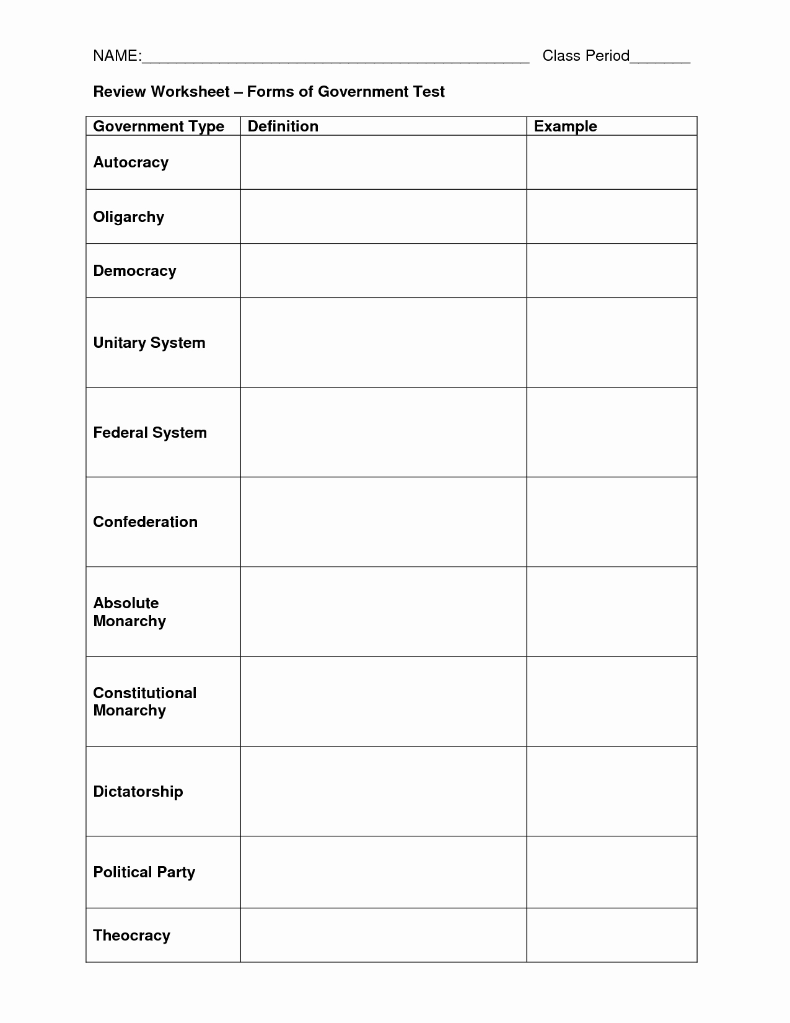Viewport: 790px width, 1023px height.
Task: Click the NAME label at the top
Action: (116, 56)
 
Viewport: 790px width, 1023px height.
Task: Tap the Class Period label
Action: (586, 56)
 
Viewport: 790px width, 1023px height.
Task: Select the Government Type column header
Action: (159, 126)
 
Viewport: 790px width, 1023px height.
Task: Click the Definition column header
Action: (283, 126)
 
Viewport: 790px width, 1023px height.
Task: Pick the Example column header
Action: (565, 126)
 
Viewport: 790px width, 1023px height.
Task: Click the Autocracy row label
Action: (131, 162)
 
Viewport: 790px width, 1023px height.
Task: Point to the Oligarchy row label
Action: (129, 217)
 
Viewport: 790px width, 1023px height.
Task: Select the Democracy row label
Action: (134, 271)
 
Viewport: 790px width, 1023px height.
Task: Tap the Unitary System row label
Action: (149, 343)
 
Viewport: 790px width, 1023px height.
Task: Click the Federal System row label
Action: (150, 433)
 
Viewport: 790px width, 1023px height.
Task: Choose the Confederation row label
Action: (146, 522)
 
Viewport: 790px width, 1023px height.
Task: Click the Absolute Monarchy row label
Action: (129, 612)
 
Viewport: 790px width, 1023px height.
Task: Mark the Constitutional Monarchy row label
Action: (145, 701)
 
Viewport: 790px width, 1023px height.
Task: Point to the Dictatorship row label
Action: (138, 792)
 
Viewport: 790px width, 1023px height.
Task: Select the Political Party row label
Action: (144, 872)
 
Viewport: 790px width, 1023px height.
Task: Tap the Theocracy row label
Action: (131, 936)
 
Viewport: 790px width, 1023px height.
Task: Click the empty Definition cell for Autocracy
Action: (383, 162)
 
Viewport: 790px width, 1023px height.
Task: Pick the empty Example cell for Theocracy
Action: (612, 936)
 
